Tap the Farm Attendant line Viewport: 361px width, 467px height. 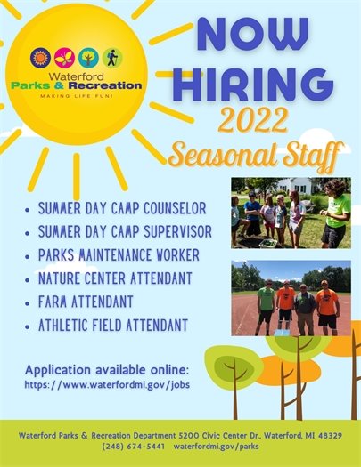pyautogui.click(x=86, y=302)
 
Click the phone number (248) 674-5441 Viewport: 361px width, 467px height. pyautogui.click(x=133, y=445)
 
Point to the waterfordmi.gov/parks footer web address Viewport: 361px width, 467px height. pyautogui.click(x=215, y=445)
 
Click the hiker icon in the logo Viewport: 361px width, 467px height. pyautogui.click(x=112, y=58)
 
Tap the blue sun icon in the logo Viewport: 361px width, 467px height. pyautogui.click(x=39, y=58)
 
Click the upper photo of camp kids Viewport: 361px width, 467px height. pyautogui.click(x=290, y=213)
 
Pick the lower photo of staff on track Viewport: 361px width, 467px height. pyautogui.click(x=290, y=297)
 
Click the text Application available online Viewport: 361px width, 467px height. pyautogui.click(x=107, y=368)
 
